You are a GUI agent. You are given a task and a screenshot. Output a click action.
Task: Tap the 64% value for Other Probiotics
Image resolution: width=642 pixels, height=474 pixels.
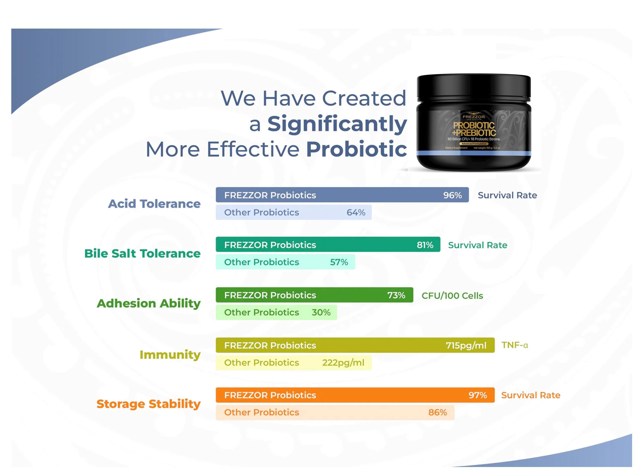click(356, 212)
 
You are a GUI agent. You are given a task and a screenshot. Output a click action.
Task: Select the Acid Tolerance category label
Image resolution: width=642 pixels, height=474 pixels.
click(154, 204)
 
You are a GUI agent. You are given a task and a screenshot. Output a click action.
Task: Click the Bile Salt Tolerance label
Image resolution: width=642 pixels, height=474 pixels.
click(142, 253)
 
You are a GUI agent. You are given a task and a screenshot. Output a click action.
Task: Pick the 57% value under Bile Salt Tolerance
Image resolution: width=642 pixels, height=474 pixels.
click(339, 262)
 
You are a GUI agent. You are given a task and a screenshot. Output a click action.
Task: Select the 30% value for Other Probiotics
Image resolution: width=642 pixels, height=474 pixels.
click(321, 312)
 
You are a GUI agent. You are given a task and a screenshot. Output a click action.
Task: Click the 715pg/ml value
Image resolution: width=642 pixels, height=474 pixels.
click(466, 345)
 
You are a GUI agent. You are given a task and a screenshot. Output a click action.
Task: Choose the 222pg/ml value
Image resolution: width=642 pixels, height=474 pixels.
click(343, 363)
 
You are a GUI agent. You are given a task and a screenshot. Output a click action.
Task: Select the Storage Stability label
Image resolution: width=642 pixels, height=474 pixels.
click(148, 404)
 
